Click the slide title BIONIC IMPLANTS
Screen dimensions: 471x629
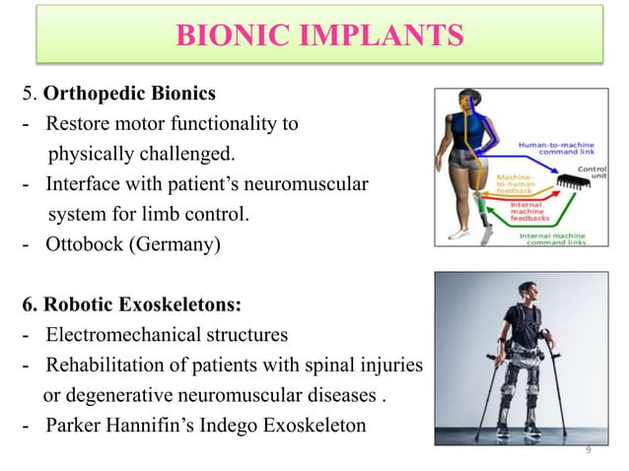click(x=318, y=37)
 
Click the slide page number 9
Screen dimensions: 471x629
click(x=588, y=450)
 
